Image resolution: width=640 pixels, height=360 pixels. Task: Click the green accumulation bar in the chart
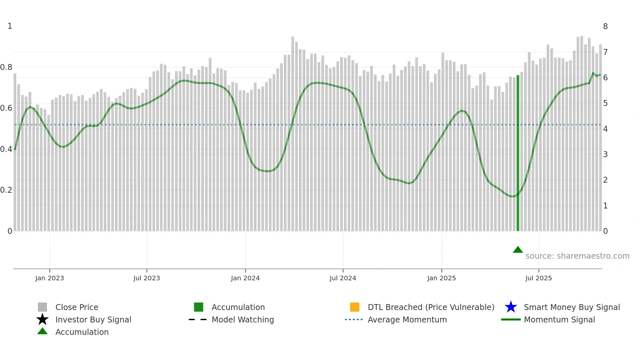(518, 154)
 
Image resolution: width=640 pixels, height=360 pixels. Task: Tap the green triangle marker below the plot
(518, 250)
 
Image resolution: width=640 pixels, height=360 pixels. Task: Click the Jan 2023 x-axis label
(50, 278)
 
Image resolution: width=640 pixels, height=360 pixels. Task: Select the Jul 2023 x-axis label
(147, 278)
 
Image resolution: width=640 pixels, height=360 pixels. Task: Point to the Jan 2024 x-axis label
(245, 278)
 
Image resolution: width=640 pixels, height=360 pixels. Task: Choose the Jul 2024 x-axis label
(343, 278)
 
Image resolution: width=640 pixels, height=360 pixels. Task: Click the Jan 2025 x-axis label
(441, 278)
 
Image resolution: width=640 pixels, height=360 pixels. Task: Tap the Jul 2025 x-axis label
(538, 278)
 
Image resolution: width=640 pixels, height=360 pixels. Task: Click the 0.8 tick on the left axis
(6, 67)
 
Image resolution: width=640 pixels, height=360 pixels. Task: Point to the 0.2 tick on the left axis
(6, 190)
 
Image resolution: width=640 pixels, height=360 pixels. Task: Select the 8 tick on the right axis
(605, 26)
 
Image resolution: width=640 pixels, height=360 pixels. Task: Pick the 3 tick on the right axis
(605, 155)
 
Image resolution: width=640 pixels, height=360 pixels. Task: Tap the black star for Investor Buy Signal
(42, 319)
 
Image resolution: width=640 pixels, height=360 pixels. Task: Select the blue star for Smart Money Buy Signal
(511, 307)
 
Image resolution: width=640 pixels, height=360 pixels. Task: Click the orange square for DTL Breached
(355, 307)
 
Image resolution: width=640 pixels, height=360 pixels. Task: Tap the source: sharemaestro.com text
(578, 256)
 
